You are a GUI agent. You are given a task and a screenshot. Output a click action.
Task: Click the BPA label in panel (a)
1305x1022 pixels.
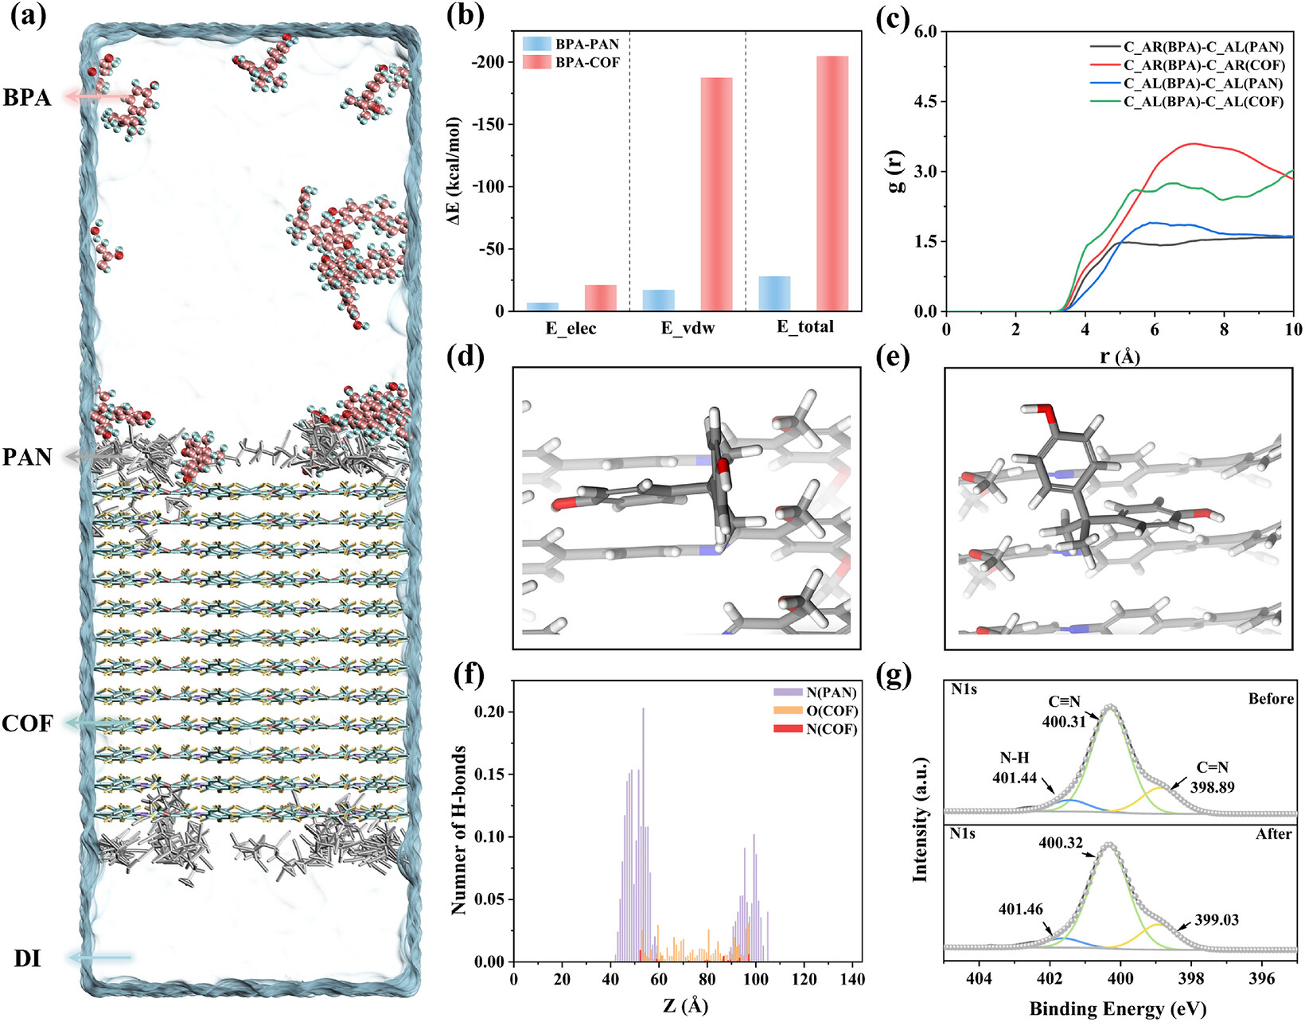(27, 97)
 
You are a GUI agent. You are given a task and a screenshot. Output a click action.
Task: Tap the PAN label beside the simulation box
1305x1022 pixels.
(27, 457)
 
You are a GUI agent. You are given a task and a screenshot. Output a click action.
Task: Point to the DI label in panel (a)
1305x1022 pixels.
(28, 958)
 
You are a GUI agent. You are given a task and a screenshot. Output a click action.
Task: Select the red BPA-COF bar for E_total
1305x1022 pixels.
(832, 183)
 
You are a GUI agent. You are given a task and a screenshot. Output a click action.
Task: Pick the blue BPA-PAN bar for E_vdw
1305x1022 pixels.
(658, 300)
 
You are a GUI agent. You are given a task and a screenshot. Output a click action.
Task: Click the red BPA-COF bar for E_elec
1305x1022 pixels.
(601, 298)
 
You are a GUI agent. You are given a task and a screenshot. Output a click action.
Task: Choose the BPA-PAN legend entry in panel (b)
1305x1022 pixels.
(571, 44)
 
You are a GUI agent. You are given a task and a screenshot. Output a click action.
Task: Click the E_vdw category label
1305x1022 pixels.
(688, 328)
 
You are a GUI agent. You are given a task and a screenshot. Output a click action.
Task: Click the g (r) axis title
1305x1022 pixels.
(898, 171)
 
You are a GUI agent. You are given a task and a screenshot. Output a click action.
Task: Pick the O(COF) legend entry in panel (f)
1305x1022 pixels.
(816, 711)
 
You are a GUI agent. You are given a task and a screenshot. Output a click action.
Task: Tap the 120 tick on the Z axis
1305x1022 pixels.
(804, 979)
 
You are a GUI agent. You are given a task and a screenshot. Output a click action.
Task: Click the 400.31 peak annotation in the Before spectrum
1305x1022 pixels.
(1064, 721)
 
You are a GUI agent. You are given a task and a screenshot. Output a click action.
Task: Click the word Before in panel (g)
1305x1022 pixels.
(1271, 698)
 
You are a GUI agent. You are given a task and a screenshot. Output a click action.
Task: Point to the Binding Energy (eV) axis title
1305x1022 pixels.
(1118, 1008)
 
